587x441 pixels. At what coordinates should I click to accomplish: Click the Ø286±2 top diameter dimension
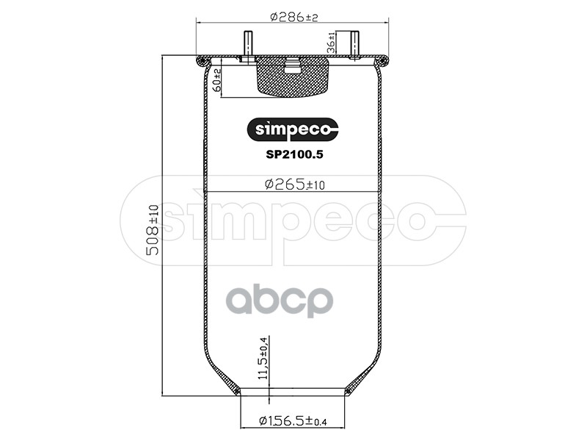(x=293, y=17)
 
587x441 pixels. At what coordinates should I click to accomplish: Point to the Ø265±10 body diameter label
(x=295, y=184)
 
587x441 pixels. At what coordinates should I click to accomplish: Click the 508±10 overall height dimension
(x=153, y=230)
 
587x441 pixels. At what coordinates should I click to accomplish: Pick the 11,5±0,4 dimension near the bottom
(x=263, y=358)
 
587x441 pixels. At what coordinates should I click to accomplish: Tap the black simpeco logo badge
(x=292, y=129)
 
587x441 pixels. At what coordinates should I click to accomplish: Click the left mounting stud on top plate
(x=248, y=44)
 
